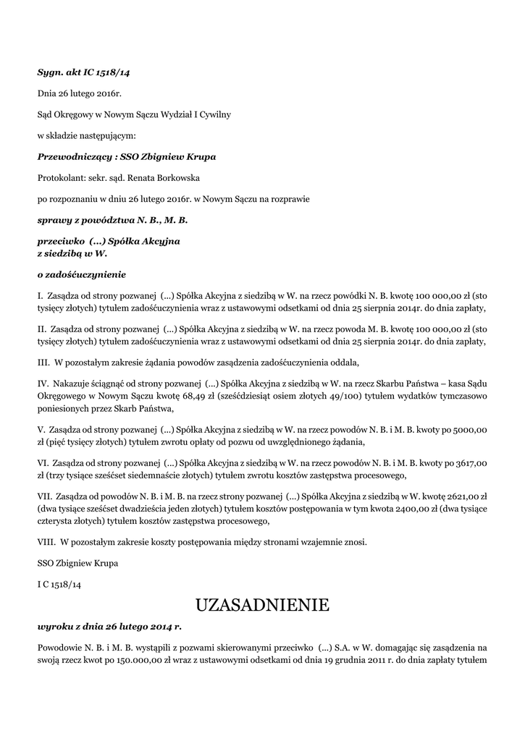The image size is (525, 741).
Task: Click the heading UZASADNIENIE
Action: (x=262, y=604)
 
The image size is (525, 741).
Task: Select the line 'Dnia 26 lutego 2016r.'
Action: (x=80, y=93)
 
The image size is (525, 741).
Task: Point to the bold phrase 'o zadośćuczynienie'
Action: (x=82, y=274)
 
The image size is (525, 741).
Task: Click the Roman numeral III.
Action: (x=43, y=362)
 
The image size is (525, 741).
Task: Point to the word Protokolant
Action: (x=60, y=177)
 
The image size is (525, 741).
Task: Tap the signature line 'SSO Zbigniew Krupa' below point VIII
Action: (x=77, y=562)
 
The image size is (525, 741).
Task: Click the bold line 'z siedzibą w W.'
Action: (x=72, y=253)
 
